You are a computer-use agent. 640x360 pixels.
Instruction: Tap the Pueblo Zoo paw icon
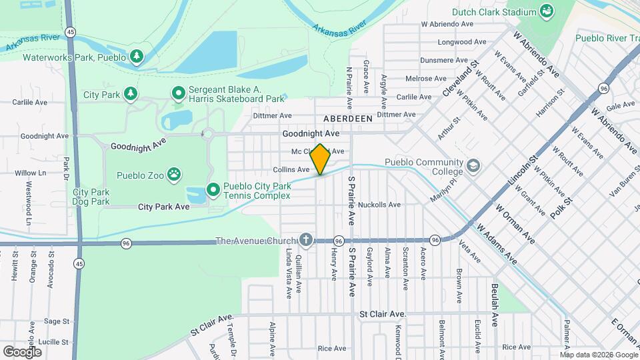174,175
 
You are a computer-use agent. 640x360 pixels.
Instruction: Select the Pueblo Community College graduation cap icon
473,165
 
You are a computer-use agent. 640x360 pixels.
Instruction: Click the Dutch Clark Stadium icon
547,11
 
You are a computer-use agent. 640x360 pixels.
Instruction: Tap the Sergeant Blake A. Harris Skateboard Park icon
178,93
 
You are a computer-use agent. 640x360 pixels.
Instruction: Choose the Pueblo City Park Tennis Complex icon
213,190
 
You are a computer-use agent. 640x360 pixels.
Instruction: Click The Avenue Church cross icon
306,239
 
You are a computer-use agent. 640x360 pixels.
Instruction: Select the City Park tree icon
131,94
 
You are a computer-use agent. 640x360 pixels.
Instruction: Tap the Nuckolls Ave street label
379,205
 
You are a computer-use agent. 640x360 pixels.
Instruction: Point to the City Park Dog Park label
91,197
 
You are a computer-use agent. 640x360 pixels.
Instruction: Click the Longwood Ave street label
455,42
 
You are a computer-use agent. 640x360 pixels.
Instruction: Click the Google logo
22,351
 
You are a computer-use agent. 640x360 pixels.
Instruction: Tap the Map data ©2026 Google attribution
599,355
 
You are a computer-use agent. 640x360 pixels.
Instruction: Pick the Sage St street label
57,321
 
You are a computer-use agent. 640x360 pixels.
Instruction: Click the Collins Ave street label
291,170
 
